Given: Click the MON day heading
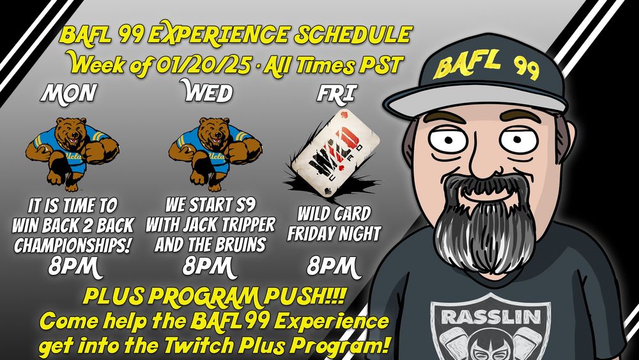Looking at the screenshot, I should click(x=68, y=94).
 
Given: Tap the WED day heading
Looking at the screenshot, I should click(x=207, y=94).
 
